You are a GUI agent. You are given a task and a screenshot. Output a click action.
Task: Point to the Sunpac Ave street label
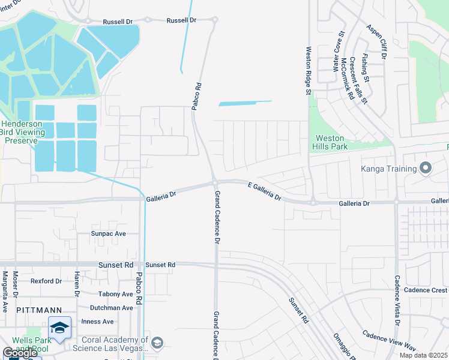108,233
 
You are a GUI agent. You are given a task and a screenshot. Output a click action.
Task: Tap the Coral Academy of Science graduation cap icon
157,343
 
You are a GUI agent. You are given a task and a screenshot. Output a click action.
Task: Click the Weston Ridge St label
309,71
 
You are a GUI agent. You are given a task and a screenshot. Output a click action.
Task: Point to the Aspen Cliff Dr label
378,42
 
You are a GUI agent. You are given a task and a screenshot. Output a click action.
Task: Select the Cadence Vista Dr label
397,301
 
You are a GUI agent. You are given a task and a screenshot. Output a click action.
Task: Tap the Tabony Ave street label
116,294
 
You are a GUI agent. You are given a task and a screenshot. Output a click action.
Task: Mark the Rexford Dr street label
46,281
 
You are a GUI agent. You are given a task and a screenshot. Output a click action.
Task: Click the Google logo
19,353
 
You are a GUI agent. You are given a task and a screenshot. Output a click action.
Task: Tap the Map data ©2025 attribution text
423,355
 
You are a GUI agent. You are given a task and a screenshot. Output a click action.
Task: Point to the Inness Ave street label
97,322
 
